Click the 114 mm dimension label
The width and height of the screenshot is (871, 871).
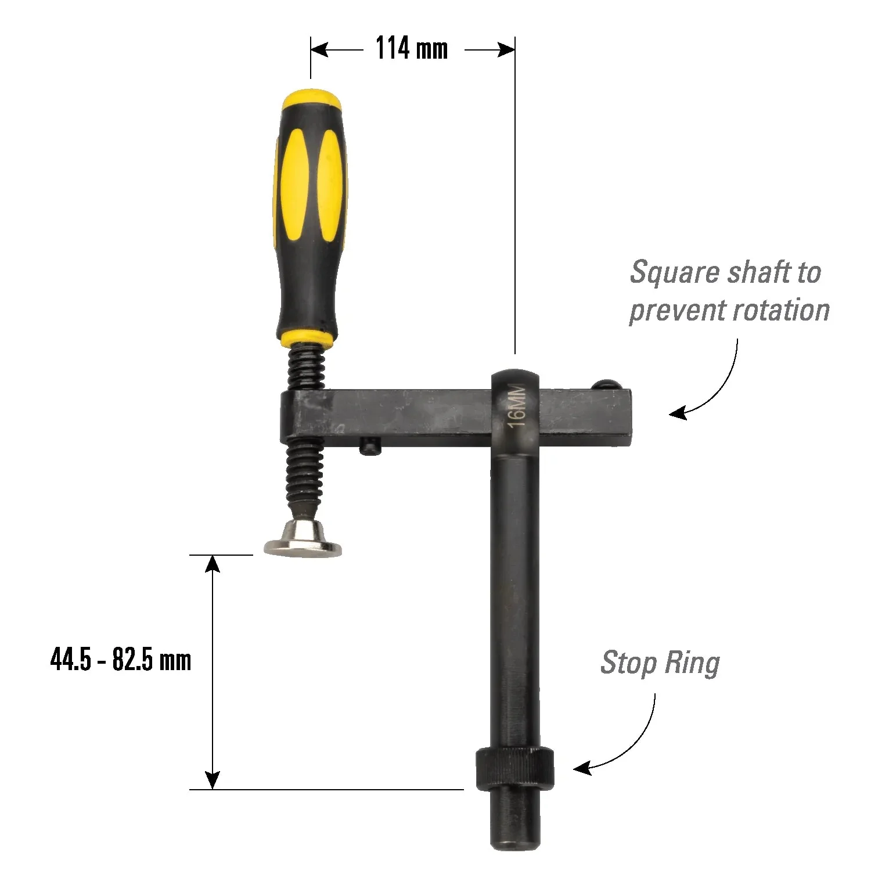click(412, 48)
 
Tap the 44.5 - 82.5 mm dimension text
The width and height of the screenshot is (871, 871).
click(121, 660)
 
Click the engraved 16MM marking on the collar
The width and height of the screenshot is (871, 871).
click(516, 405)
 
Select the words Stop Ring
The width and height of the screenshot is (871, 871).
click(660, 663)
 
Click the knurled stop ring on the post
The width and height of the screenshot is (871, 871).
click(514, 769)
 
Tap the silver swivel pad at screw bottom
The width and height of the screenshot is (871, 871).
click(303, 539)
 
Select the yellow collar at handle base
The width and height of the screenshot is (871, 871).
click(305, 337)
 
